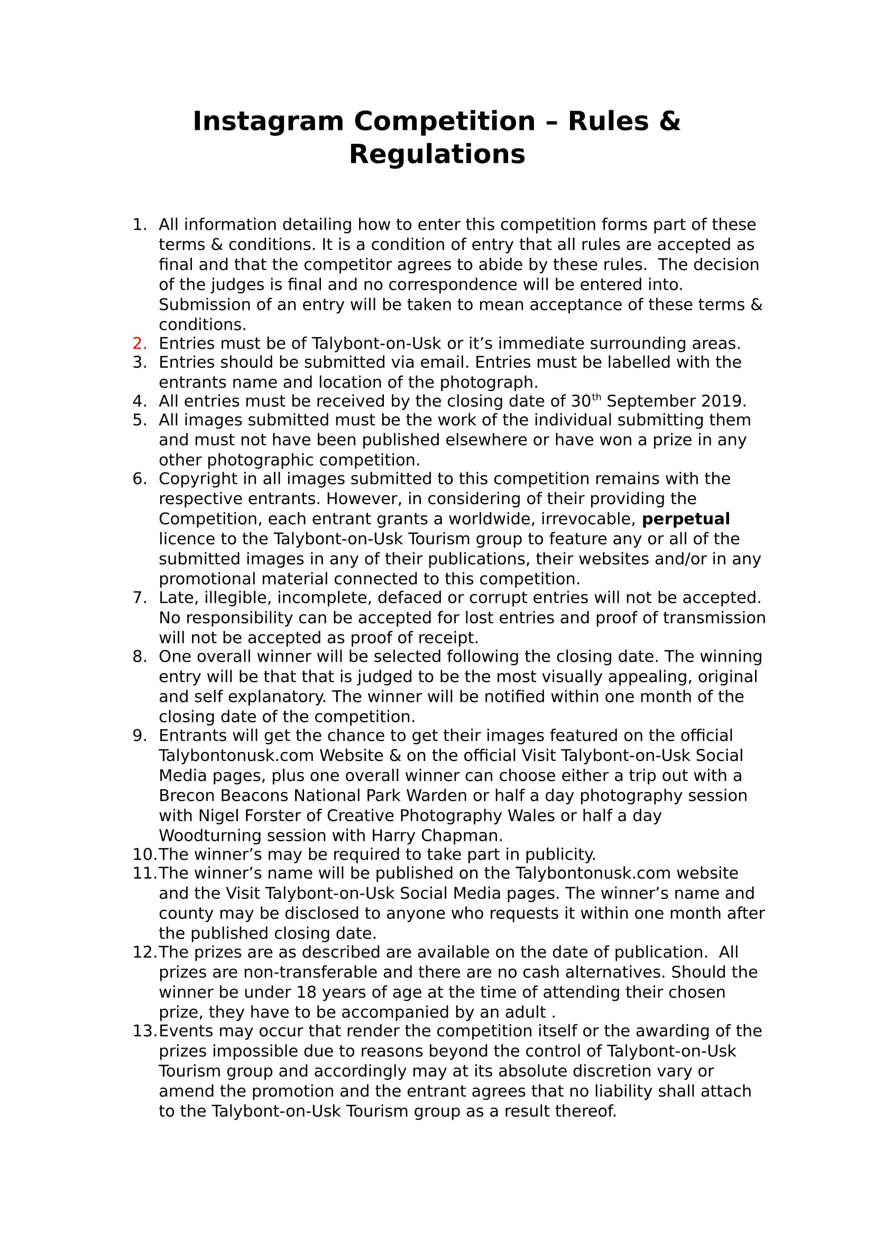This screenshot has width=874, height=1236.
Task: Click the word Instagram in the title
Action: coord(268,122)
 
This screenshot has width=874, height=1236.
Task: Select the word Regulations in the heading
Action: coord(437,154)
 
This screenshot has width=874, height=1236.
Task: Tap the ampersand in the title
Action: coord(669,122)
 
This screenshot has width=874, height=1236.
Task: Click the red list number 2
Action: coord(140,343)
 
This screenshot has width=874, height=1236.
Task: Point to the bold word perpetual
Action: coord(686,519)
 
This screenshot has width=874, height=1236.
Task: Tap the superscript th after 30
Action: coord(596,398)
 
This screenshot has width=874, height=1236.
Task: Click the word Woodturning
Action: coord(208,836)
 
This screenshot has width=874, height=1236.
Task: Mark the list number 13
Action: coord(144,1031)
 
